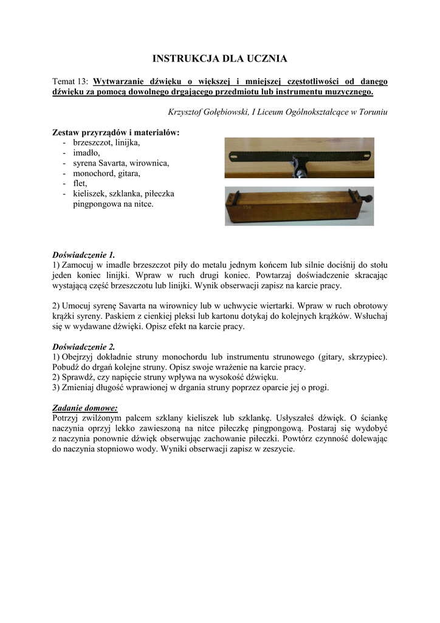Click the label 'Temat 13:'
coord(71,82)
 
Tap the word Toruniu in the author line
coord(372,112)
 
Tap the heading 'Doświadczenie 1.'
coord(83,254)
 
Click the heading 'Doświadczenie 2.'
coord(83,347)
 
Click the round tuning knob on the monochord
coord(368,200)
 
